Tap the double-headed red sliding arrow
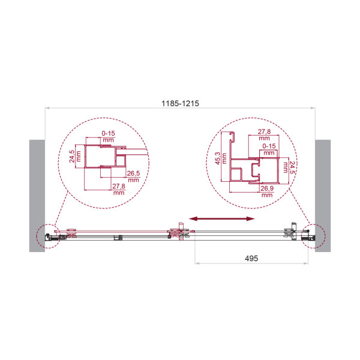click(220, 218)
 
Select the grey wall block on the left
click(37, 196)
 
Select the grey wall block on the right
click(323, 196)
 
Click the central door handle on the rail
click(180, 233)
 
